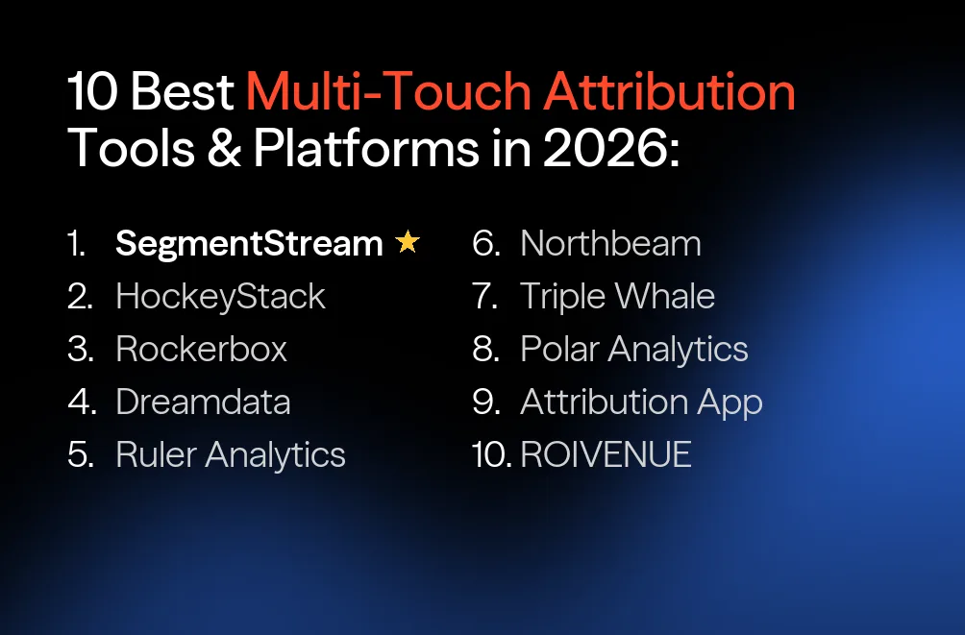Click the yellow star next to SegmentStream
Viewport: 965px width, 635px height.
[x=408, y=243]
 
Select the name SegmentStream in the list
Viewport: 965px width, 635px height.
[x=249, y=244]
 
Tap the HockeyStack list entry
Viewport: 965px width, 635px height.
[x=220, y=297]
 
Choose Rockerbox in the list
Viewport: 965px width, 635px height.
[x=201, y=349]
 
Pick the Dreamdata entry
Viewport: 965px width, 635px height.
[x=203, y=402]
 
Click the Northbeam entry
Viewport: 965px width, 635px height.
[x=610, y=244]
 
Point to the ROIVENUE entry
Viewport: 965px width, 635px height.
[x=606, y=454]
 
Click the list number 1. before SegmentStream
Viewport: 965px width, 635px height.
[x=77, y=244]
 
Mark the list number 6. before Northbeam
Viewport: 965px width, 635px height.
[x=486, y=244]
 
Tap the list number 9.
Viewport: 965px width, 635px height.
[x=486, y=403]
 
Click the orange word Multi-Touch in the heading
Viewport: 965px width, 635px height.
[x=388, y=92]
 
